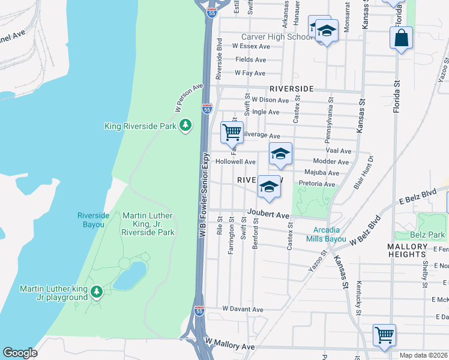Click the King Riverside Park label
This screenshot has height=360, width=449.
tap(140, 126)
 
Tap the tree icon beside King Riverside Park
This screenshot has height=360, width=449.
tap(187, 125)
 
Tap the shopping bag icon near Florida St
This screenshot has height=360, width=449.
tap(401, 38)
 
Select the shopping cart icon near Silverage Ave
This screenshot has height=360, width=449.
tap(232, 131)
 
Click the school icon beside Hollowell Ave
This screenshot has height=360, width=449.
tap(280, 154)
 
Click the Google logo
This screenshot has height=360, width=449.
tap(20, 352)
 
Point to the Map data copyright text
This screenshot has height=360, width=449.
tap(424, 355)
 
